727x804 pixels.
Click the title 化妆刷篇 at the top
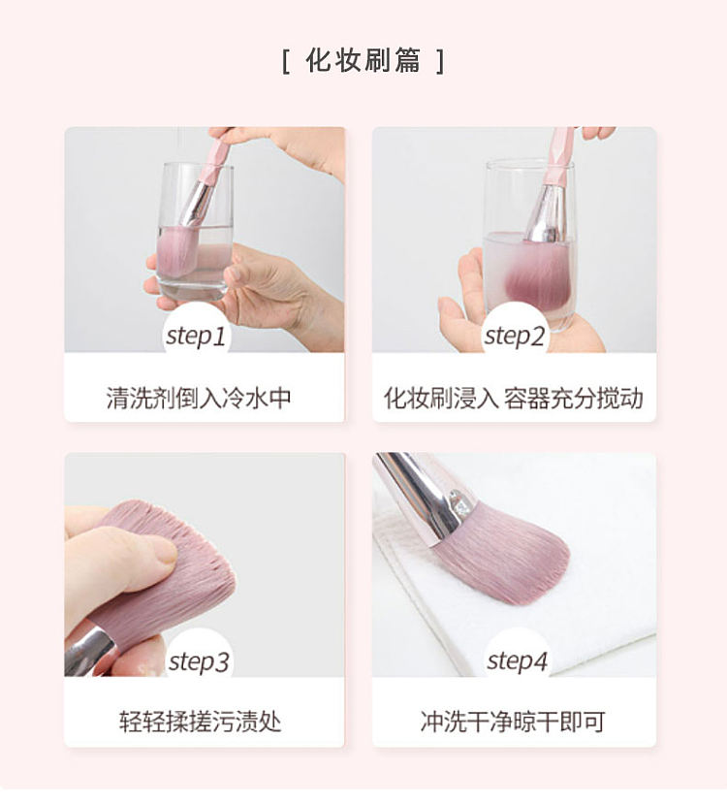363,60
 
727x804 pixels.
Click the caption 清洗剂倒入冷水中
199,398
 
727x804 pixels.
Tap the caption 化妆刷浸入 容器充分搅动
514,398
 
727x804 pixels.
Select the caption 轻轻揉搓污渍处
201,722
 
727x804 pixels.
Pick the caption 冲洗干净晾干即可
513,722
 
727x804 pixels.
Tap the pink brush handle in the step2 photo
559,156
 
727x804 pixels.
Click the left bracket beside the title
286,61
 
